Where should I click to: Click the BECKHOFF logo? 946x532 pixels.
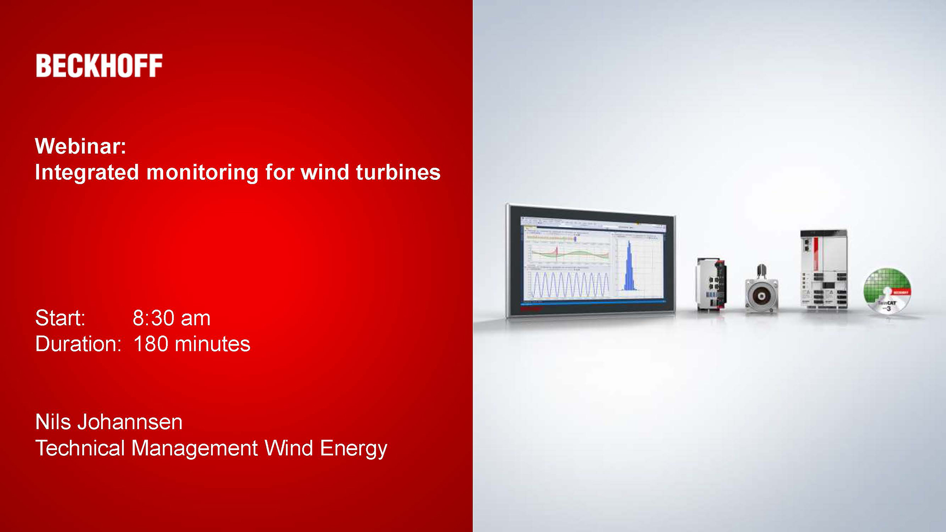click(x=99, y=66)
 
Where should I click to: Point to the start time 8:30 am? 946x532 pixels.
click(x=171, y=318)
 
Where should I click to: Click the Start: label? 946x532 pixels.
click(x=60, y=318)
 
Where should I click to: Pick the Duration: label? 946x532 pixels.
click(x=78, y=344)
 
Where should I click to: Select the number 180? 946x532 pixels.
click(x=151, y=344)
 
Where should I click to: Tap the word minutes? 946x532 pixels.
click(x=212, y=344)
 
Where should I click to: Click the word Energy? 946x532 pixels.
click(x=353, y=449)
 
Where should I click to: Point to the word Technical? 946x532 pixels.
click(x=80, y=448)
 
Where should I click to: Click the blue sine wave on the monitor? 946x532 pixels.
click(x=569, y=285)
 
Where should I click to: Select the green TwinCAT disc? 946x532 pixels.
click(x=887, y=291)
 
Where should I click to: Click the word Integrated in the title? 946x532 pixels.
click(x=87, y=173)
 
